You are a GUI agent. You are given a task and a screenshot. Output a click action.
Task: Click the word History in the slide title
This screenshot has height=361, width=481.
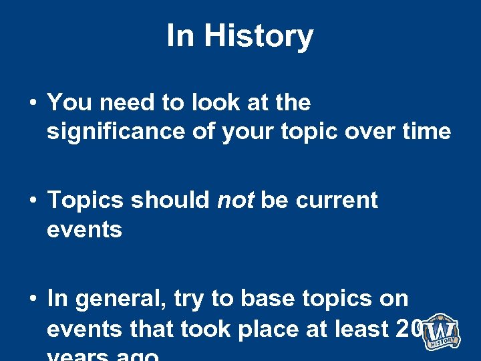pyautogui.click(x=259, y=35)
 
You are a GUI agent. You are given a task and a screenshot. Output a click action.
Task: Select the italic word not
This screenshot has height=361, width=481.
pyautogui.click(x=234, y=200)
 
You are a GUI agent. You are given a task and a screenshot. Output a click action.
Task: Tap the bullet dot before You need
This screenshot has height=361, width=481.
pyautogui.click(x=32, y=103)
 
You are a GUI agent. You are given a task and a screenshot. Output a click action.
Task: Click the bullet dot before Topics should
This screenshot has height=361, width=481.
pyautogui.click(x=32, y=201)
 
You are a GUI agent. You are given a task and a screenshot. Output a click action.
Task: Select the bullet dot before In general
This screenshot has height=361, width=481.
pyautogui.click(x=32, y=299)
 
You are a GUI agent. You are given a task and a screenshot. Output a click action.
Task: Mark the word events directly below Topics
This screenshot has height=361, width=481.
pyautogui.click(x=84, y=230)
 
